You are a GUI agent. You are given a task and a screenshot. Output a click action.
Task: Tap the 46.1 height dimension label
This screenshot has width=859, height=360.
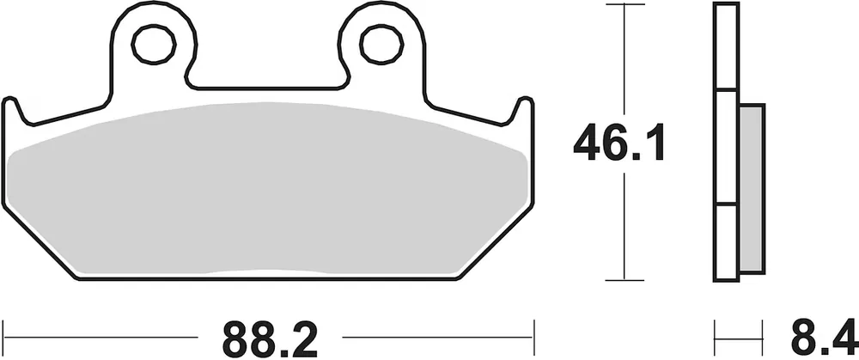618,143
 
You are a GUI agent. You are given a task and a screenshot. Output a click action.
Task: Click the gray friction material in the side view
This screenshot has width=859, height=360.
751,188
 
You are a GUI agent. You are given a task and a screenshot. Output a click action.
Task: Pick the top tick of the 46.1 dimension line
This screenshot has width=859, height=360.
624,4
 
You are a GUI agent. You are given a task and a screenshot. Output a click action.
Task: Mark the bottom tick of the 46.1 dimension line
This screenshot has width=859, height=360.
624,281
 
